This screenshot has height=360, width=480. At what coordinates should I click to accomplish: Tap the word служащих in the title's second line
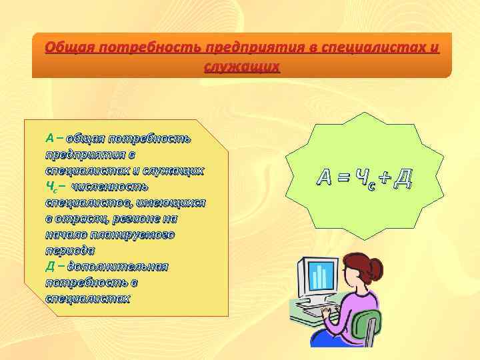click(242, 67)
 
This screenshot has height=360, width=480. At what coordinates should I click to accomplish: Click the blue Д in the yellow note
click(49, 267)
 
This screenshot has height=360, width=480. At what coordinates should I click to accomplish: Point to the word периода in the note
click(69, 251)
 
